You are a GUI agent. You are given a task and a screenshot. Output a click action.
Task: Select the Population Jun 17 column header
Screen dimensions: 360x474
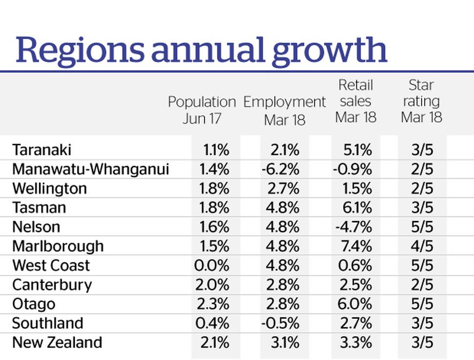202,110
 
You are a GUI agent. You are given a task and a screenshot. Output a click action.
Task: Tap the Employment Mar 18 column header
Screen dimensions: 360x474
284,110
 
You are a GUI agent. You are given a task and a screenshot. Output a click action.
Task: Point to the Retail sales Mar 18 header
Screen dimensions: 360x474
356,101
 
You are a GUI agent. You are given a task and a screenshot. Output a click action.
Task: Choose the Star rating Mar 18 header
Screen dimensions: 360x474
421,101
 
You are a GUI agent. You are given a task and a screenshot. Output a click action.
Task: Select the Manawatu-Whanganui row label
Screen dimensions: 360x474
90,169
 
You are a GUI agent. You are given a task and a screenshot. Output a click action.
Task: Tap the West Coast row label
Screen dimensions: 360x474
51,265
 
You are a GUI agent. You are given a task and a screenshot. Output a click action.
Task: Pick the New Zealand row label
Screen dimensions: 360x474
57,342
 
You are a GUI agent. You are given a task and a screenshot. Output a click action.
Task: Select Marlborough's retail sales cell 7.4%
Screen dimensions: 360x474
355,246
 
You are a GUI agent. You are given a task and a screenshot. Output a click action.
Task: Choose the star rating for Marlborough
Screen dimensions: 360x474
422,246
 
